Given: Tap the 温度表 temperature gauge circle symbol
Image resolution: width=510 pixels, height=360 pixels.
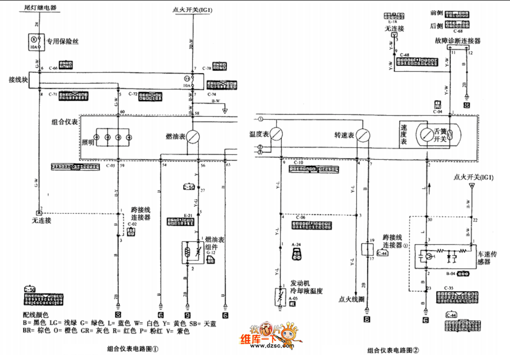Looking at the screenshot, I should coord(277,134).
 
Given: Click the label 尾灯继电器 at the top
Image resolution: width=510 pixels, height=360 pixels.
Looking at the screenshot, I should coord(40,8).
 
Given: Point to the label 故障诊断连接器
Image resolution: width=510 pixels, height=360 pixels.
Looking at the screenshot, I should coord(458,41).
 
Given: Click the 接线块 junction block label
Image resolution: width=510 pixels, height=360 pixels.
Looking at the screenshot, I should coord(18,80).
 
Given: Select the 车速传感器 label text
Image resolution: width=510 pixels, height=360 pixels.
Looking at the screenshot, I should coord(488,258).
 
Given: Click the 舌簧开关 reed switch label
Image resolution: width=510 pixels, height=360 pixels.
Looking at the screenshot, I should coord(440,135).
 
